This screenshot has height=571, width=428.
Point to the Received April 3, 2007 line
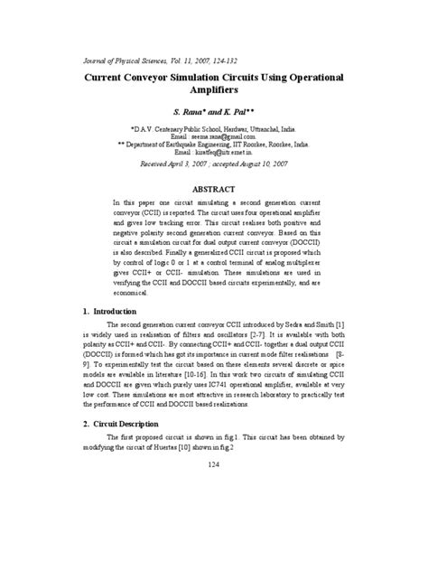(x=214, y=165)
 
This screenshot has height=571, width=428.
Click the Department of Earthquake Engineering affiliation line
(x=214, y=145)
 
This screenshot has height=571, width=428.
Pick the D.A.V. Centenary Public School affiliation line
(x=214, y=128)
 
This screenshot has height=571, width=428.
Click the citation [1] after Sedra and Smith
(x=340, y=324)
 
